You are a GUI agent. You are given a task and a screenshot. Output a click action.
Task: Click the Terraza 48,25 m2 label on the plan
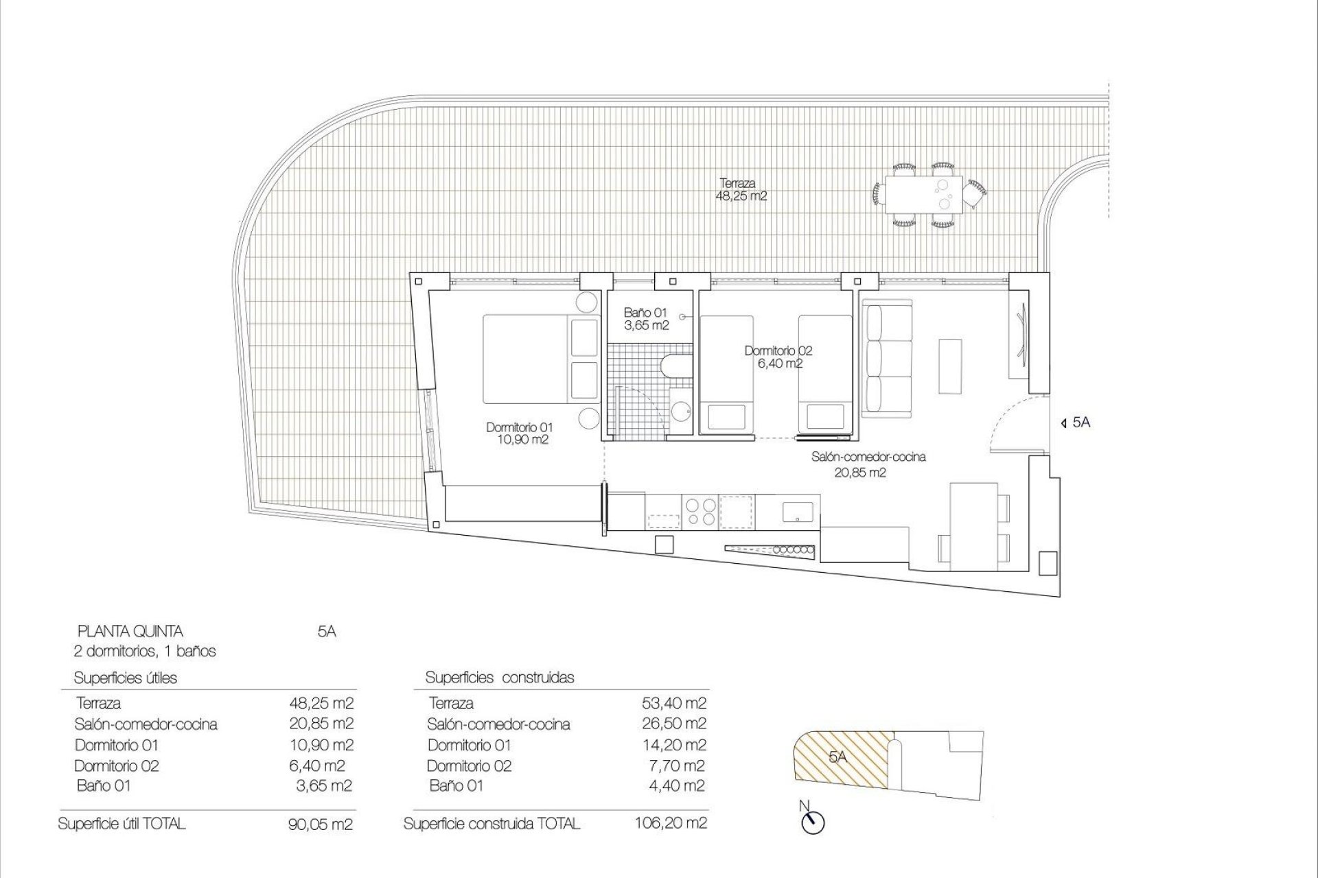[x=741, y=189]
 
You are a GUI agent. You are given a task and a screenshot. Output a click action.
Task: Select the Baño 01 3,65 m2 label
[x=645, y=319]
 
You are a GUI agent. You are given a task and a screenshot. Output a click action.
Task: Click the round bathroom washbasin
[x=681, y=412]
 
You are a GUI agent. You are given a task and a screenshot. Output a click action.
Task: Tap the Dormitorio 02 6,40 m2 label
[x=778, y=357]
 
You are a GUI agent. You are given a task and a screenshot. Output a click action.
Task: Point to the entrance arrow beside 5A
[x=1063, y=423]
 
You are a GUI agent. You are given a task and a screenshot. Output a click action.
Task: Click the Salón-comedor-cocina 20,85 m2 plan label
[x=868, y=464]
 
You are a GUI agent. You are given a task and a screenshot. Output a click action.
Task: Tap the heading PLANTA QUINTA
[x=130, y=631]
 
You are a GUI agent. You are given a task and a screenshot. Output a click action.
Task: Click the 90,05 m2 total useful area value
[x=321, y=824]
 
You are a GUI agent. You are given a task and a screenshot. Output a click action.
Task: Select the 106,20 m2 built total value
[x=671, y=822]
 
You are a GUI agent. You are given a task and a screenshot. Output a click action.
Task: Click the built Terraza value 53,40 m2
[x=672, y=702]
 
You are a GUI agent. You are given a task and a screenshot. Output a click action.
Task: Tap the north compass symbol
[x=816, y=822]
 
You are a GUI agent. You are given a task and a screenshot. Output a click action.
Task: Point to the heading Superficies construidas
[x=499, y=678]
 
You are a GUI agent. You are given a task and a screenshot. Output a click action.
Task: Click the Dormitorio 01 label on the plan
[x=518, y=434]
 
